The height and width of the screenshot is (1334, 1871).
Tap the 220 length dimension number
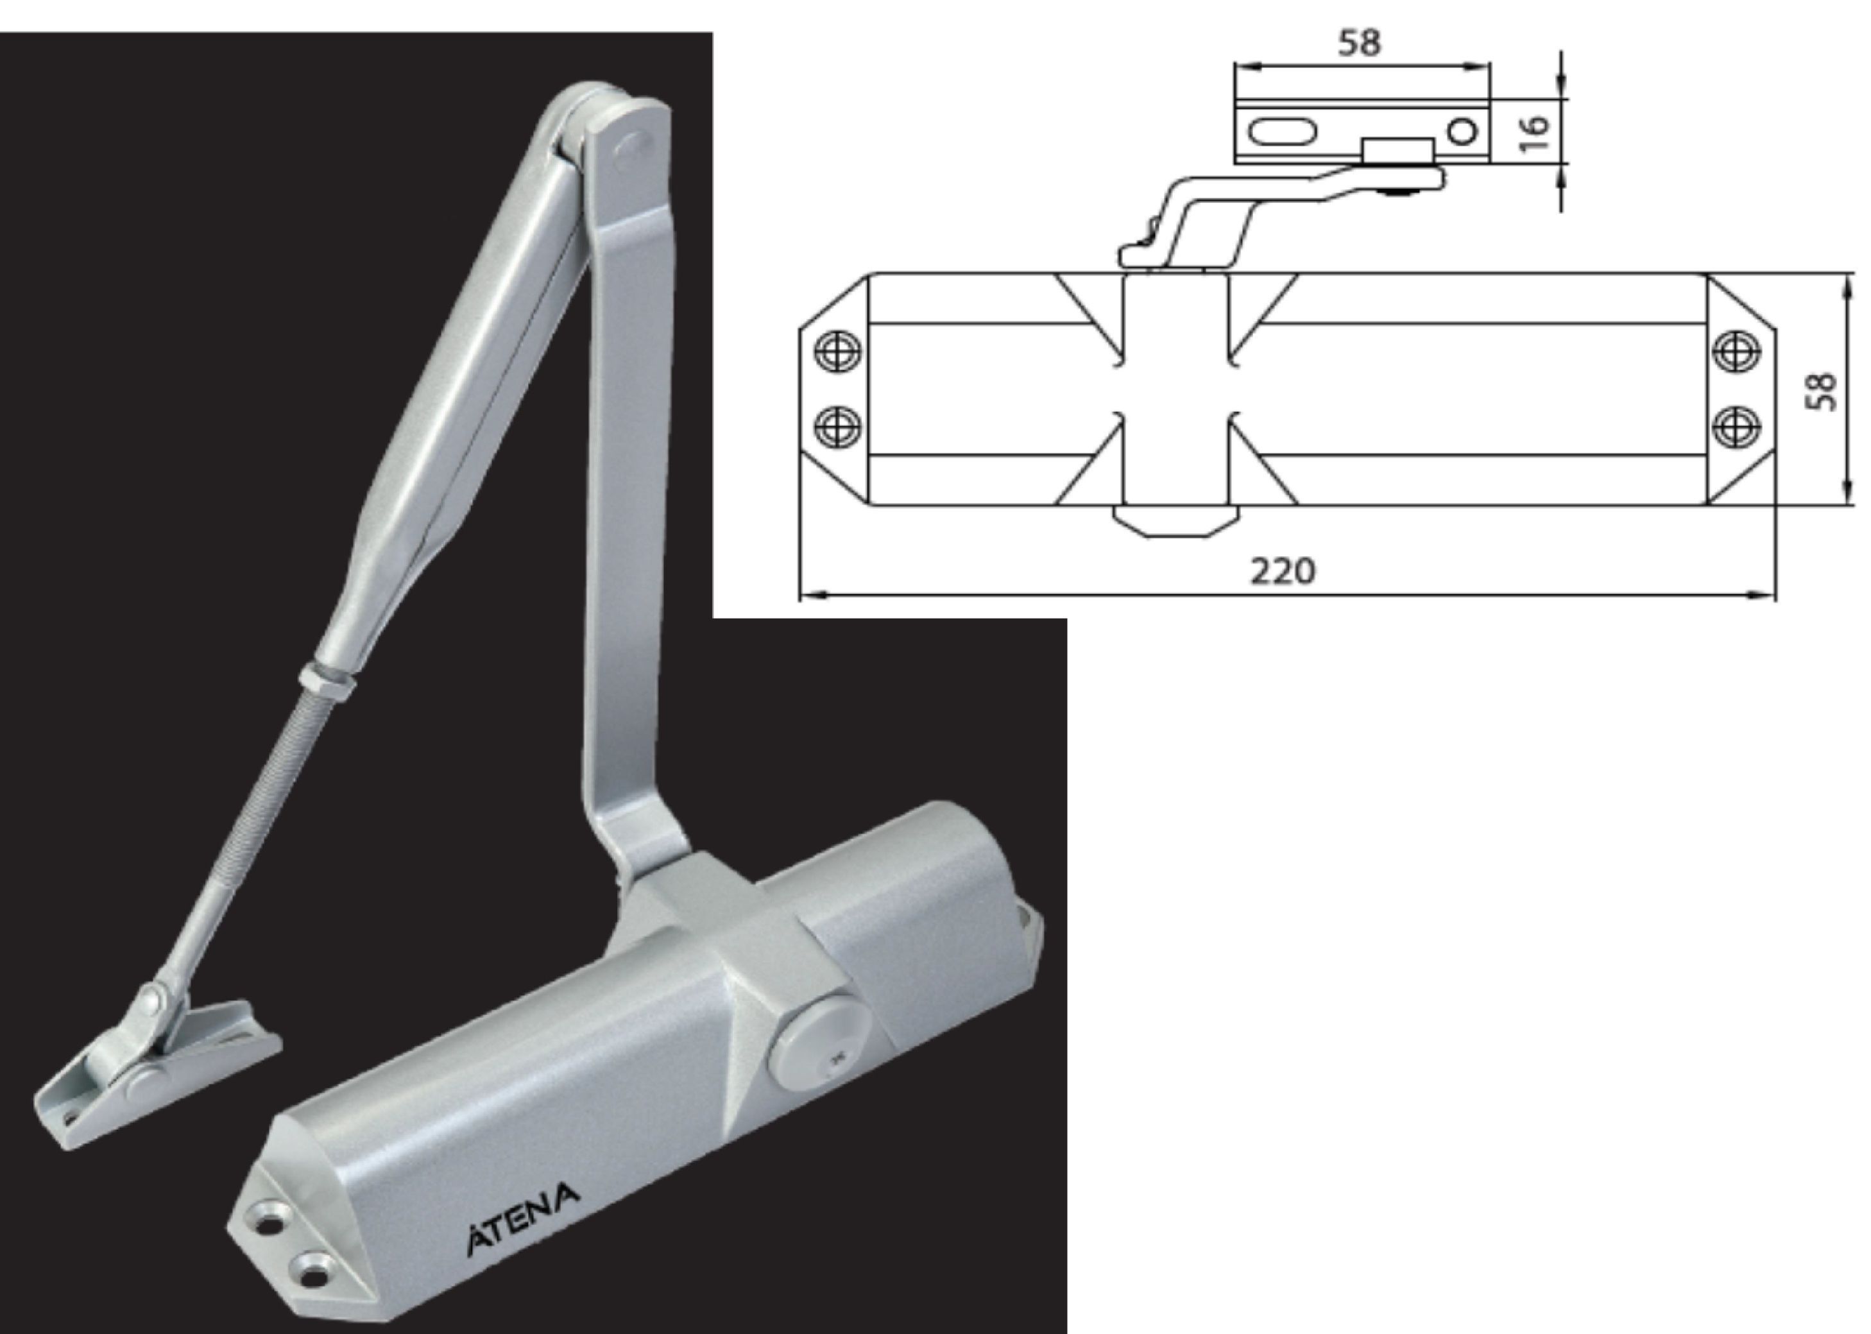pos(1282,569)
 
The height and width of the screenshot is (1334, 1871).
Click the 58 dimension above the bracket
pos(1360,43)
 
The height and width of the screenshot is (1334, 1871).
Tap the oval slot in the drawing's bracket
pos(1283,132)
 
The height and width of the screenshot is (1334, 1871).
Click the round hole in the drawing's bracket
pos(1461,132)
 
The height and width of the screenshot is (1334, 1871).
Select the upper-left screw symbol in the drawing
pos(838,351)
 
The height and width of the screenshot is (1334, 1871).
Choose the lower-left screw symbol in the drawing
pos(838,426)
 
